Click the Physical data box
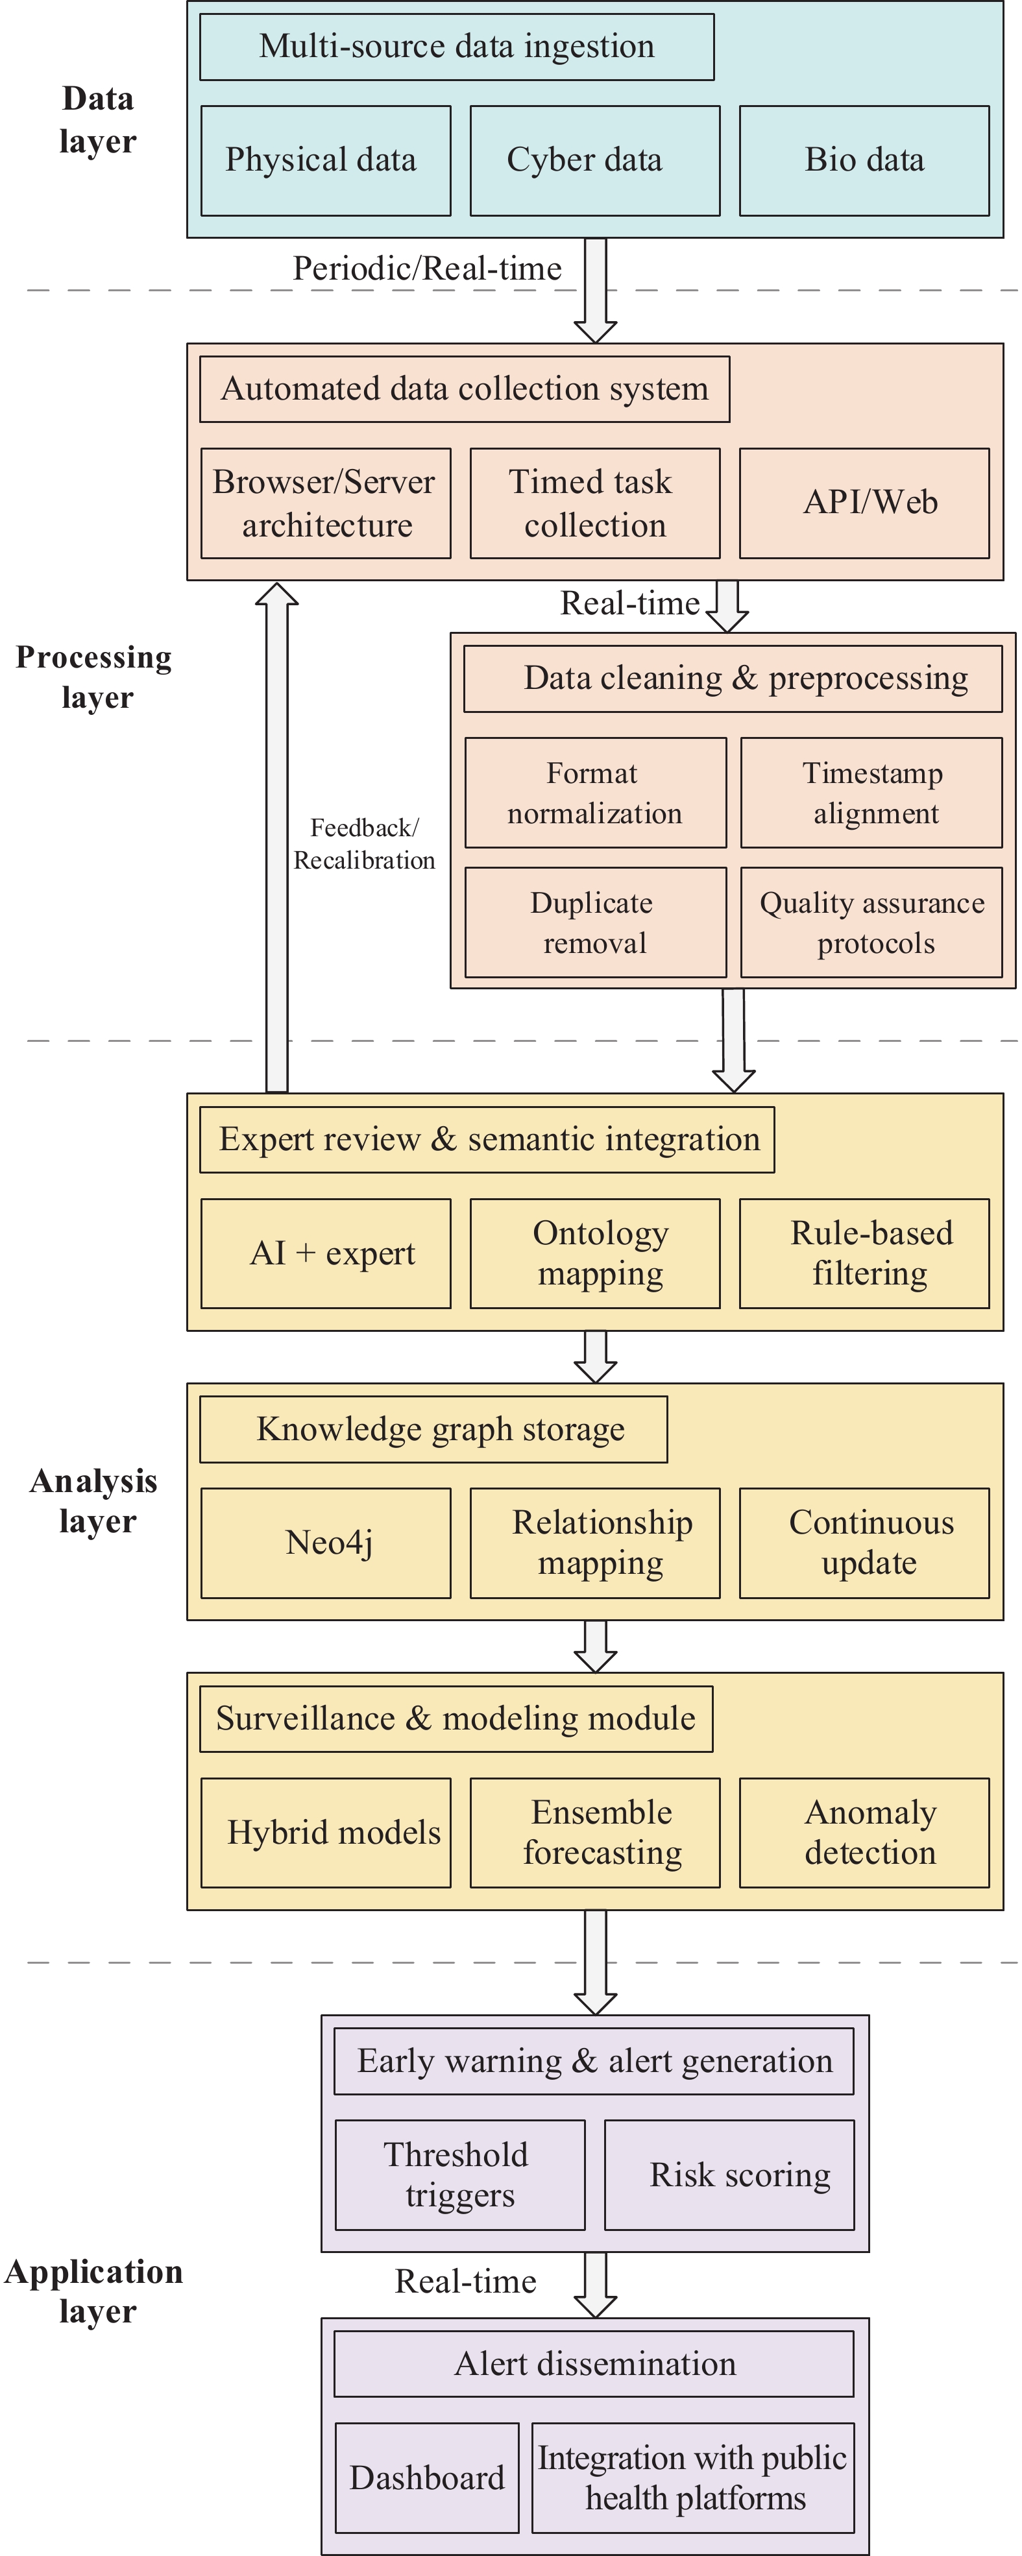pyautogui.click(x=326, y=161)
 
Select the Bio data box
pyautogui.click(x=864, y=161)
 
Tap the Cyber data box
pyautogui.click(x=594, y=161)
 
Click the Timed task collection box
pyautogui.click(x=594, y=503)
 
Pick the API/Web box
pyautogui.click(x=864, y=503)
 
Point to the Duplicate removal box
pyautogui.click(x=595, y=922)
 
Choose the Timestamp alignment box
pyautogui.click(x=871, y=793)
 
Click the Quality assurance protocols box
pyautogui.click(x=871, y=922)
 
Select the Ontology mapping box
pyautogui.click(x=594, y=1253)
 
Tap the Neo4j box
pyautogui.click(x=326, y=1543)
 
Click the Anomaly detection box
pyautogui.click(x=864, y=1833)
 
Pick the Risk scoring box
pyautogui.click(x=729, y=2175)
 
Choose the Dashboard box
pyautogui.click(x=427, y=2478)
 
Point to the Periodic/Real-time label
pyautogui.click(x=427, y=269)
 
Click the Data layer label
pyautogui.click(x=97, y=120)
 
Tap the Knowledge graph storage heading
pyautogui.click(x=433, y=1430)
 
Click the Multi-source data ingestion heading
pyautogui.click(x=456, y=47)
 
